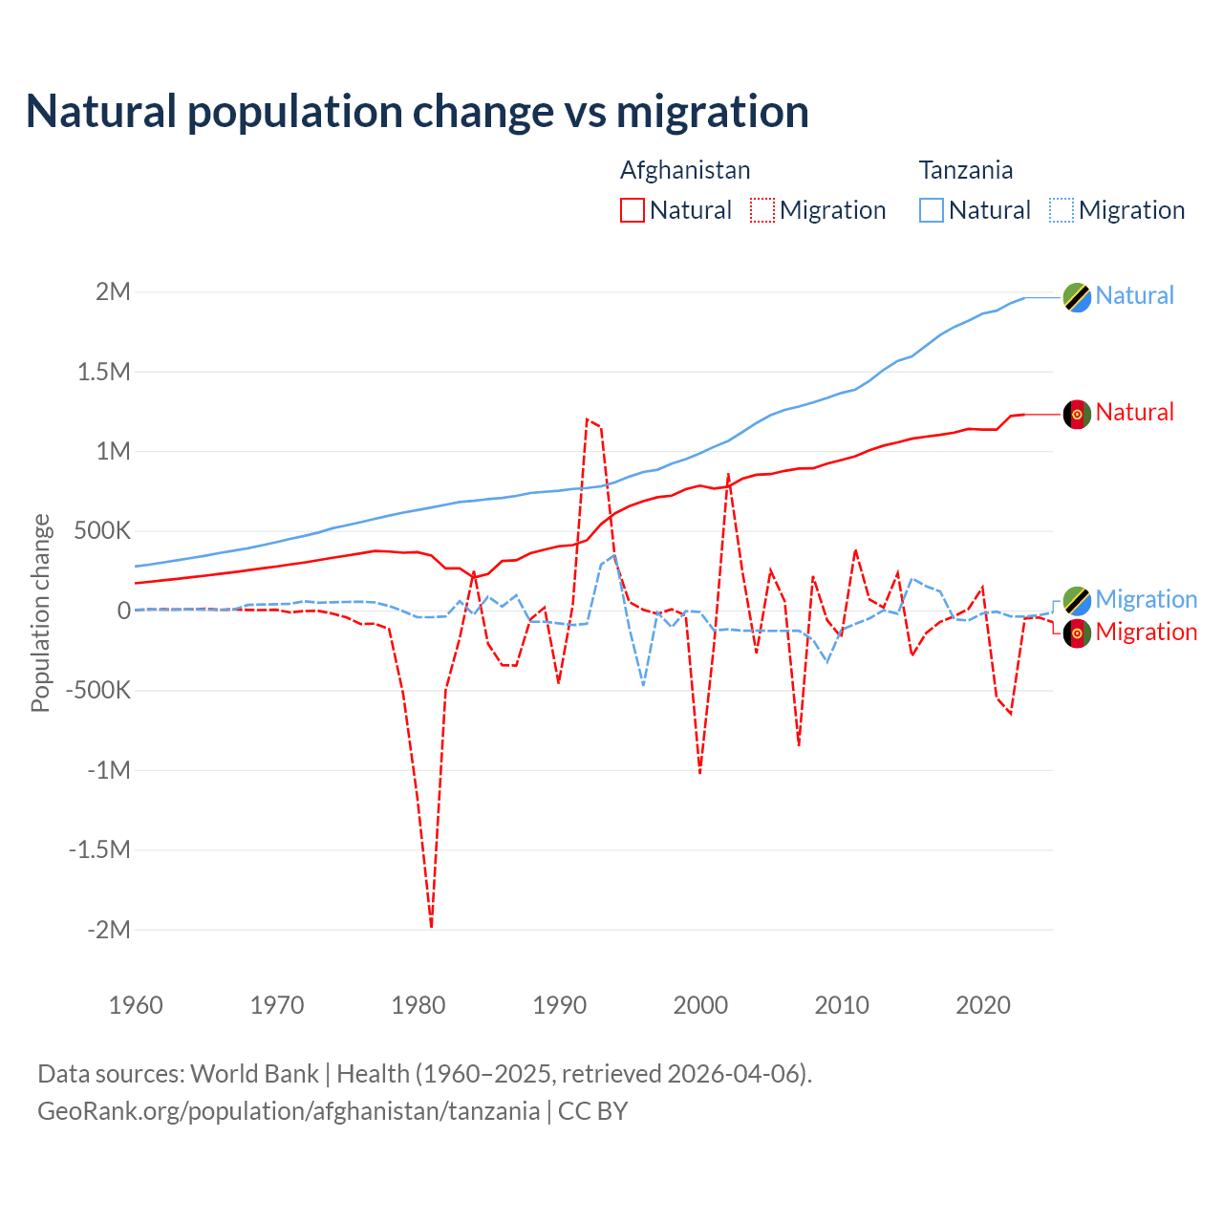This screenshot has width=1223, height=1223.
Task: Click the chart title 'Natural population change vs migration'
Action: pyautogui.click(x=418, y=112)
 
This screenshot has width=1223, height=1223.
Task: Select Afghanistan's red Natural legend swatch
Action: pyautogui.click(x=632, y=210)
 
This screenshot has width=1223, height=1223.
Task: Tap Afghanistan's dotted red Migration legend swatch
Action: pyautogui.click(x=762, y=210)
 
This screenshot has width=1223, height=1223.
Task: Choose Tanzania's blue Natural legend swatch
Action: pyautogui.click(x=931, y=210)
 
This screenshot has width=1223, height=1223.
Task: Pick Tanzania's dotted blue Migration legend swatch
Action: pyautogui.click(x=1062, y=210)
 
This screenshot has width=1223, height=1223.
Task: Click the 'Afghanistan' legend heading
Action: pyautogui.click(x=685, y=170)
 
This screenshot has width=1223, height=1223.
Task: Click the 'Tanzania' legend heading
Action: pyautogui.click(x=965, y=170)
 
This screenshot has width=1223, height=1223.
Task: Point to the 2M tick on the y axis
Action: pyautogui.click(x=113, y=292)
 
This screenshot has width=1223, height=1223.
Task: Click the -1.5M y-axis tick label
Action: pyautogui.click(x=99, y=849)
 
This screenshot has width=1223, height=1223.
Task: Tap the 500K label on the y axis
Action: pyautogui.click(x=102, y=531)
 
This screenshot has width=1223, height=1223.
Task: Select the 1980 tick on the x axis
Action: pyautogui.click(x=418, y=1005)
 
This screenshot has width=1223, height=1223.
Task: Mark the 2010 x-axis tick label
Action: pyautogui.click(x=842, y=1005)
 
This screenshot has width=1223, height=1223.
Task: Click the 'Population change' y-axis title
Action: pyautogui.click(x=40, y=612)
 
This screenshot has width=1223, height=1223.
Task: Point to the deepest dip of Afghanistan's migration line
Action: pyautogui.click(x=431, y=926)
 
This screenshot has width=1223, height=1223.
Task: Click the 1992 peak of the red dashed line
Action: pyautogui.click(x=587, y=418)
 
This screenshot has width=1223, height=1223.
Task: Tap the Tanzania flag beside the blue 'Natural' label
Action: pyautogui.click(x=1077, y=297)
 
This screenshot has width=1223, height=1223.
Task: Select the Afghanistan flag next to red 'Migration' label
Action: pyautogui.click(x=1077, y=633)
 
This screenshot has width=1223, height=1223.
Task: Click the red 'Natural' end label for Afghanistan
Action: pyautogui.click(x=1134, y=413)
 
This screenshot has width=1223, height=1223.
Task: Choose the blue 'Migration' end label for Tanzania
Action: pyautogui.click(x=1146, y=600)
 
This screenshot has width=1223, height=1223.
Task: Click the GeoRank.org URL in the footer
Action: pyautogui.click(x=289, y=1111)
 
